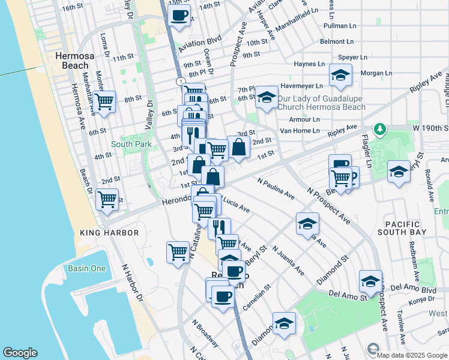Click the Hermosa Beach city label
point(72,60)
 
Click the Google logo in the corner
point(20,353)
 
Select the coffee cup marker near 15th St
point(179,16)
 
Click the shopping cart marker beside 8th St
point(104,101)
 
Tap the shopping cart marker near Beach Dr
point(107,199)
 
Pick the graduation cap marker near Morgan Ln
point(340,76)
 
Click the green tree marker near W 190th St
point(379,129)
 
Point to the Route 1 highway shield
point(179,80)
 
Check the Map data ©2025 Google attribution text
point(411,355)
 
